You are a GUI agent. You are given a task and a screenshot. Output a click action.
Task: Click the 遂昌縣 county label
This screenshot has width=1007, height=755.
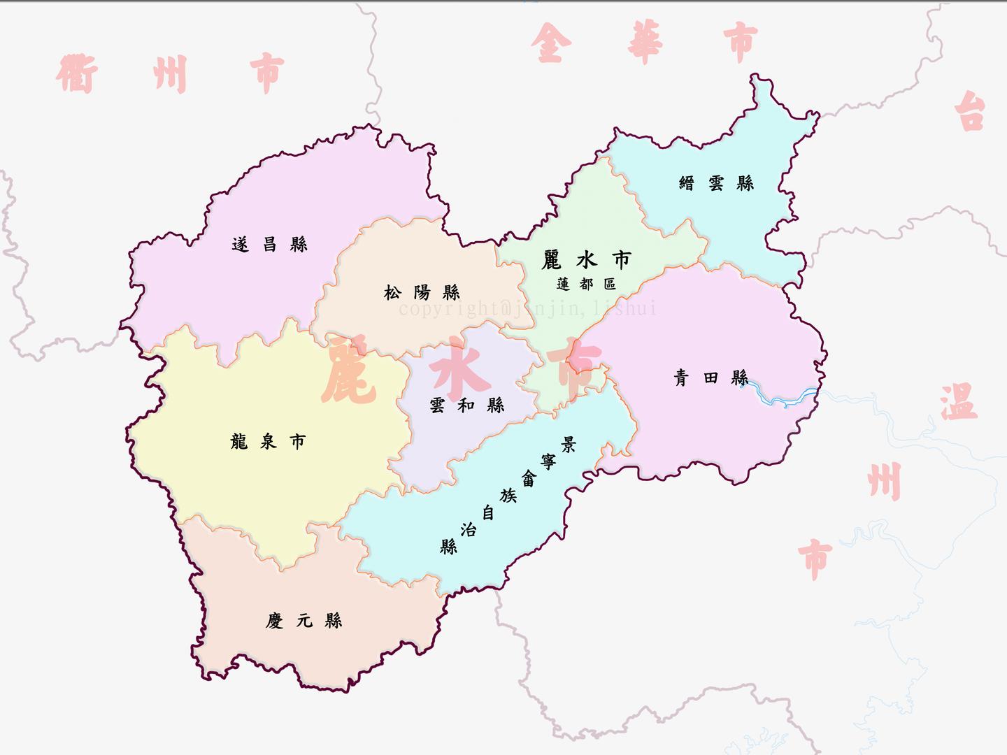tap(269, 245)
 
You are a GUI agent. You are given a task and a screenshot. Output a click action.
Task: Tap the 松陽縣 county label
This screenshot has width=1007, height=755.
tap(422, 292)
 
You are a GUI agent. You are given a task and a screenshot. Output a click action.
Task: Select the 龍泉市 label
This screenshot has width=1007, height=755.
tap(268, 442)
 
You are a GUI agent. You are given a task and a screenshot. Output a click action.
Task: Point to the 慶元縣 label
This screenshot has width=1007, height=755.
tap(303, 621)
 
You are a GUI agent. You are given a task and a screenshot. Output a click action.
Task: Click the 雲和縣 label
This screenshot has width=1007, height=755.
tap(466, 405)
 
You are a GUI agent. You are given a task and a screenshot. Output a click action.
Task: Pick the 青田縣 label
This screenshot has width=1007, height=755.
tap(710, 378)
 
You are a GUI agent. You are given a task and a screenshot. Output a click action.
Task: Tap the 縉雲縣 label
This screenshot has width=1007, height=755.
tap(716, 183)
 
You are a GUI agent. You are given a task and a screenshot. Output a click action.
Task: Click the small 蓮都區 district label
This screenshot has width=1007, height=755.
tap(586, 285)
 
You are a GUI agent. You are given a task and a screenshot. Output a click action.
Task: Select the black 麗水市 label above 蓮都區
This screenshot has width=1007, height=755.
tap(586, 260)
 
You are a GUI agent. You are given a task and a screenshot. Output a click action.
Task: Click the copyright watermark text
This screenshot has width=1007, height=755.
tap(528, 308)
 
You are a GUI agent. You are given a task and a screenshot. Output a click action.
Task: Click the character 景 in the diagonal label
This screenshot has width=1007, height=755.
tap(568, 445)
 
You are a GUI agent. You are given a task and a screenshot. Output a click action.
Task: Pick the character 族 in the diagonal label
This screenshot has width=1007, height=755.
tap(508, 496)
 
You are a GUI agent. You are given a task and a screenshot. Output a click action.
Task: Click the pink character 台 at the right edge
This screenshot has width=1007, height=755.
tap(971, 111)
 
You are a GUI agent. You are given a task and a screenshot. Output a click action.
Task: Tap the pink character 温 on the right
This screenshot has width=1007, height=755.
tap(958, 402)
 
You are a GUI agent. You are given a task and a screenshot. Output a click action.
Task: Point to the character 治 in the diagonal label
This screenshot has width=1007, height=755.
tap(468, 530)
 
